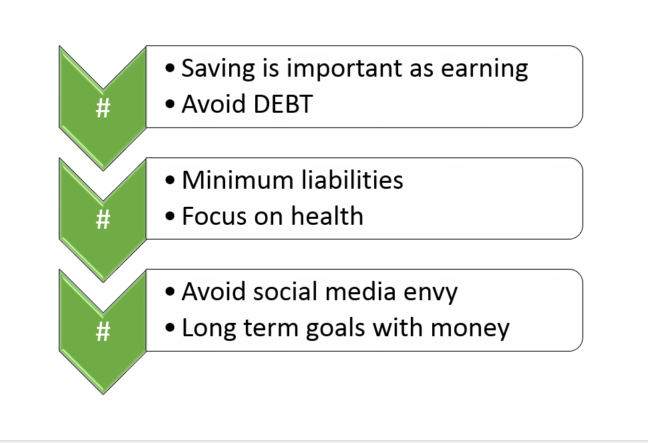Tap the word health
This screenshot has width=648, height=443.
329,216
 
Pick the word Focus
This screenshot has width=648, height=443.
212,216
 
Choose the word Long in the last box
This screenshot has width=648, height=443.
206,328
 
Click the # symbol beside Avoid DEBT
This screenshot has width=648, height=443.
103,108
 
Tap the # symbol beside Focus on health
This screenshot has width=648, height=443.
103,219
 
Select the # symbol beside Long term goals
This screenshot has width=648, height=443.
103,331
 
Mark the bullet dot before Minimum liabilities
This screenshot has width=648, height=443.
171,181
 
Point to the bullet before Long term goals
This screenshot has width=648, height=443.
171,329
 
